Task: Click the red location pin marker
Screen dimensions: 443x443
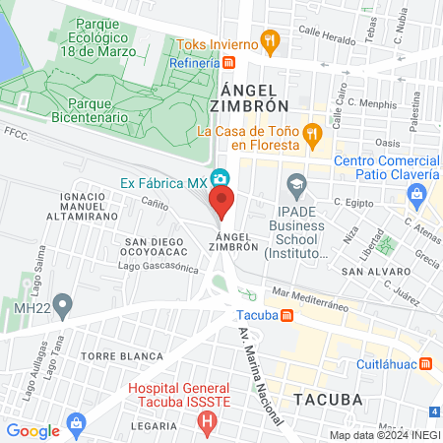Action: pos(222,202)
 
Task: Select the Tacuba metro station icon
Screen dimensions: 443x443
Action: pos(285,316)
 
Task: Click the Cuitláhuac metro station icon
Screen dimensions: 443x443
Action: pos(425,362)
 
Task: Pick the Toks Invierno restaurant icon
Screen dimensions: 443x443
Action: pos(273,42)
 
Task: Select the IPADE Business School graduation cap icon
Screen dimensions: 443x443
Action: pos(295,183)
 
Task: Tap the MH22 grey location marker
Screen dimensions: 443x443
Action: pos(63,302)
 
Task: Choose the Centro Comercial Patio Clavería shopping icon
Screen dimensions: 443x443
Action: pos(418,195)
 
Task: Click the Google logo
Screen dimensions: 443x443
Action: pos(32,430)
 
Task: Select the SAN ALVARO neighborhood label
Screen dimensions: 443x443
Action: pos(368,270)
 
